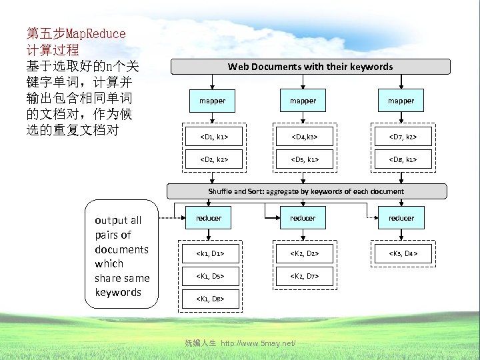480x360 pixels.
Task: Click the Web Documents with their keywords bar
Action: [310, 67]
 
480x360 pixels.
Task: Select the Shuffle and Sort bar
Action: [305, 191]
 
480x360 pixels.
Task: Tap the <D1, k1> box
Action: [212, 138]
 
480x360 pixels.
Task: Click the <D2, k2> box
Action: [212, 160]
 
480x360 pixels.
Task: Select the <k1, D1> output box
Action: [209, 253]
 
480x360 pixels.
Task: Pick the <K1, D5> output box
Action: [209, 276]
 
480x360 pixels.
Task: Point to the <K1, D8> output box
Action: [209, 299]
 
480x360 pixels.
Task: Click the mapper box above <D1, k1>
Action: [212, 101]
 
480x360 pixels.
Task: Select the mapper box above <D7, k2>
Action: [401, 101]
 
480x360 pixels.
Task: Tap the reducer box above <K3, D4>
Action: [401, 218]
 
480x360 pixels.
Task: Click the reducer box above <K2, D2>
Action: [303, 218]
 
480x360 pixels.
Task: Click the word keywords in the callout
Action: [118, 292]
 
